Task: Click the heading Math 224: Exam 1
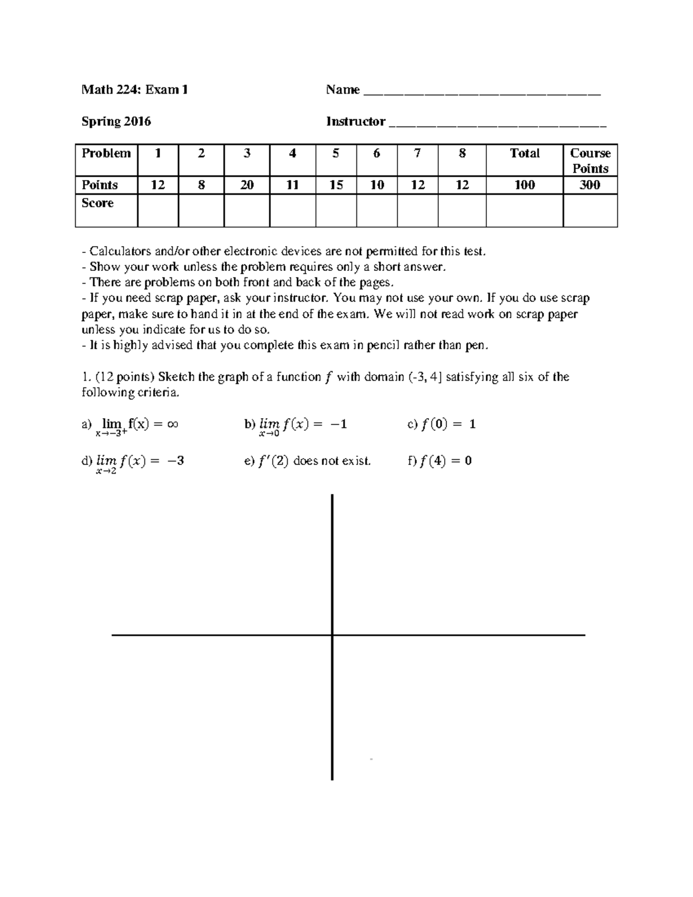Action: tap(135, 90)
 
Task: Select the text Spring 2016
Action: tap(116, 121)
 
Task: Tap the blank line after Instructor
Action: tap(497, 123)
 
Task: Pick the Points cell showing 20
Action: tap(247, 185)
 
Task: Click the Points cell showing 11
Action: tap(292, 185)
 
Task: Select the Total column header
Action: tap(524, 154)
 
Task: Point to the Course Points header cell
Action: tap(590, 161)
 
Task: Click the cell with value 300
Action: tap(590, 185)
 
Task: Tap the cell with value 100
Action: tap(524, 185)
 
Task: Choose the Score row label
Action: tap(98, 203)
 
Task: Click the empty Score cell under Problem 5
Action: tap(336, 210)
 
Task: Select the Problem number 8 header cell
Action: tap(461, 154)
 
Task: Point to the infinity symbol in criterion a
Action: tap(172, 424)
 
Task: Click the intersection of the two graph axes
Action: tap(332, 635)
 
